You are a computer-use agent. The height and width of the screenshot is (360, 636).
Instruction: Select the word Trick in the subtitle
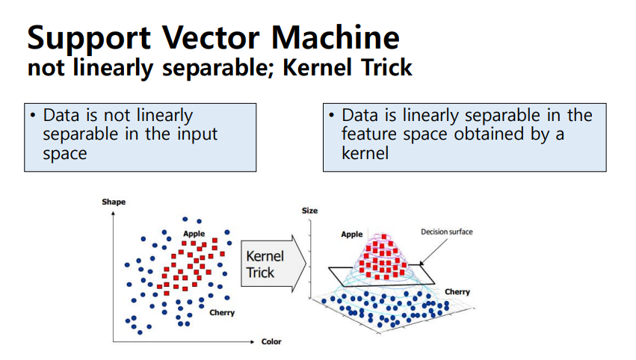point(384,68)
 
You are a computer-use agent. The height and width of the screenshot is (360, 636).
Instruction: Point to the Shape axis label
point(114,202)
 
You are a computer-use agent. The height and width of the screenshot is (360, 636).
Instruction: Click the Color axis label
point(271,342)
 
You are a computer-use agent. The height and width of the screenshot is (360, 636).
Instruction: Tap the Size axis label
point(309,211)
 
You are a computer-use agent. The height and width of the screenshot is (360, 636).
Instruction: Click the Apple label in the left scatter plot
point(194,234)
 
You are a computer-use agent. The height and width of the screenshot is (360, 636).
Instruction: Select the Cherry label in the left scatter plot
point(222,313)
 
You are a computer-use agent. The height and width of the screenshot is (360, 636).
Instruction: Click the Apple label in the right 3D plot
point(352,235)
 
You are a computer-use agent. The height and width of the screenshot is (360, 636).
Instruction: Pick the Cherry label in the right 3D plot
point(457,291)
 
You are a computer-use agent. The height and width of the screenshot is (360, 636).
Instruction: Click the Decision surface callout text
point(447,232)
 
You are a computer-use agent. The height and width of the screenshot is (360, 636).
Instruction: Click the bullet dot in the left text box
point(34,117)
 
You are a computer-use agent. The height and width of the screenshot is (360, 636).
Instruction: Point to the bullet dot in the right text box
point(332,117)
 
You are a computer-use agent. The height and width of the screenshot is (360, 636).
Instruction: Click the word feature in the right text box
point(367,134)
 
